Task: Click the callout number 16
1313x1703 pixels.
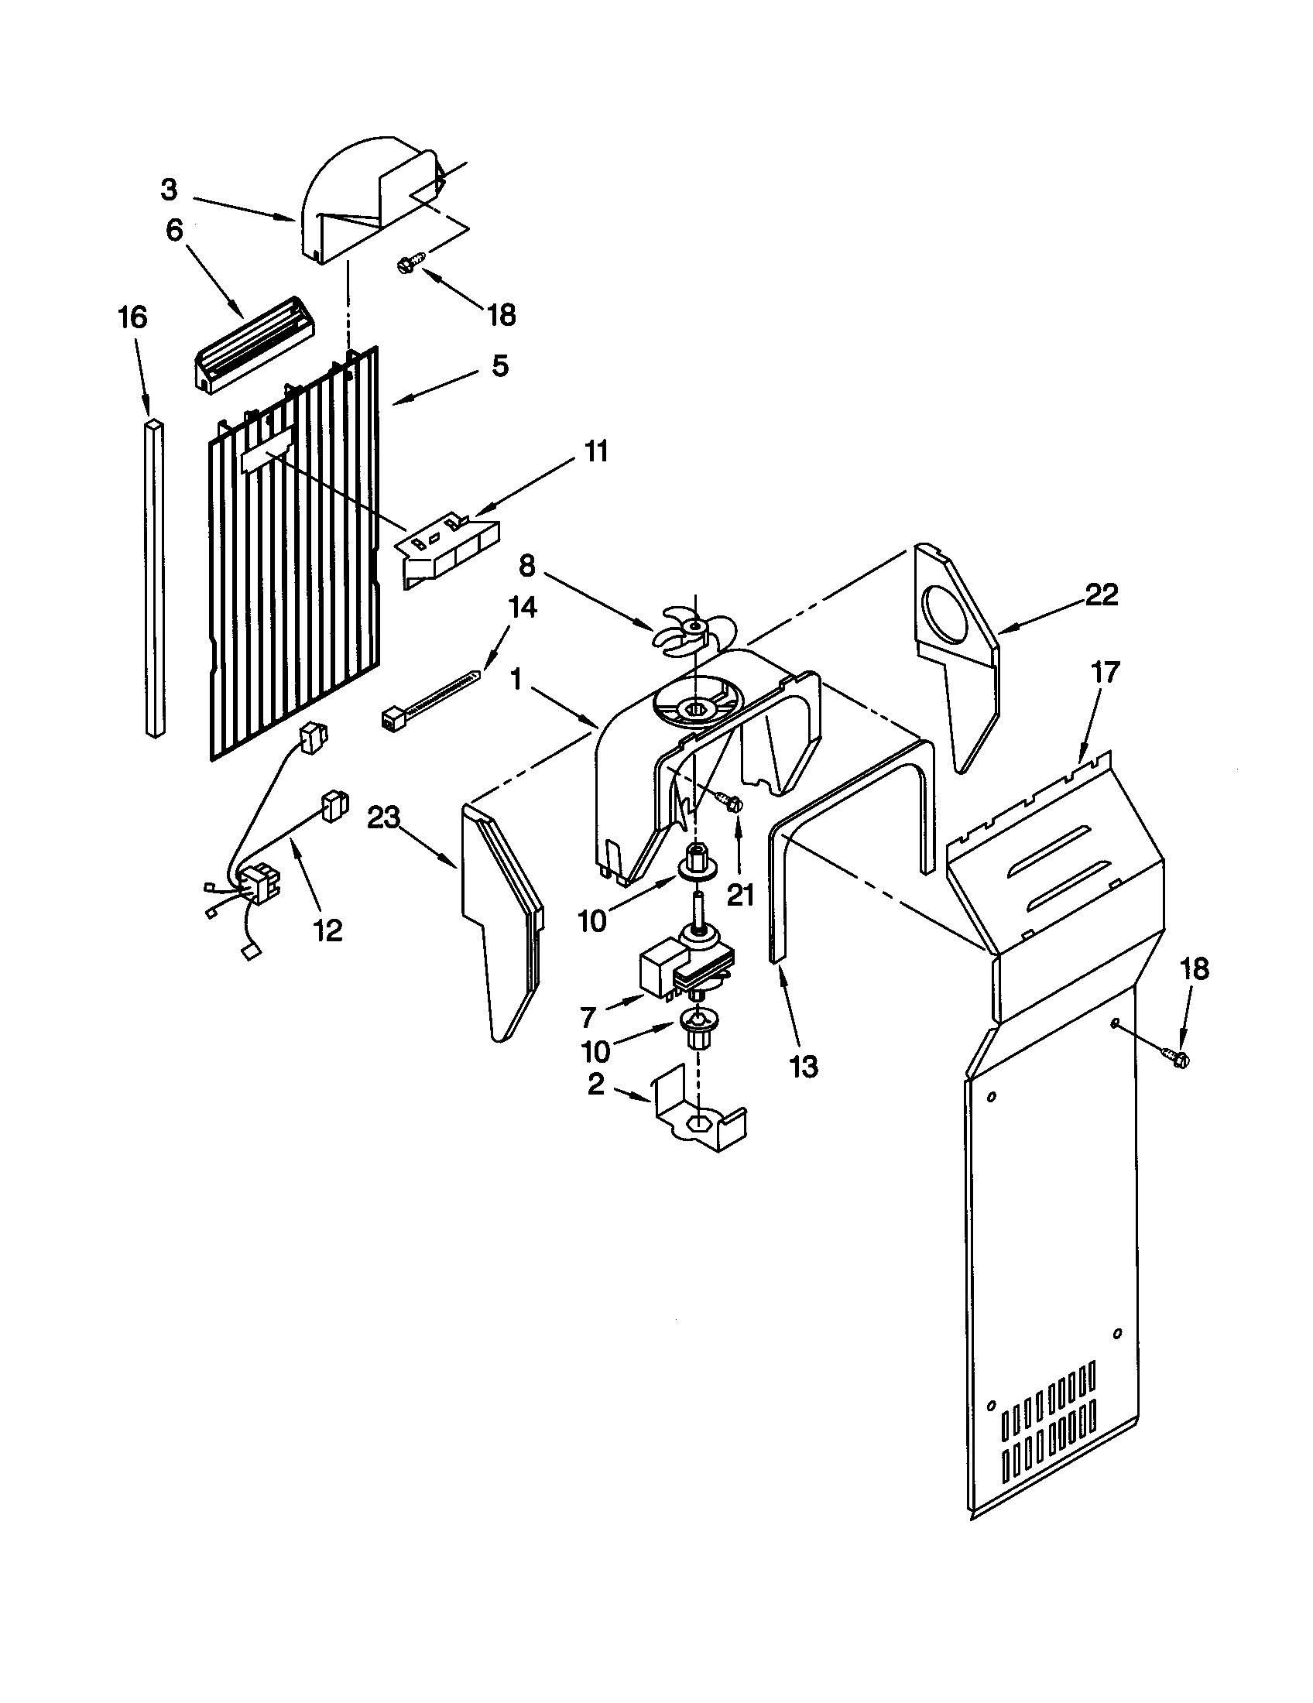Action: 133,319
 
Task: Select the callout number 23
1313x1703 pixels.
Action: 386,818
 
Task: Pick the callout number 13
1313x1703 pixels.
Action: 803,1066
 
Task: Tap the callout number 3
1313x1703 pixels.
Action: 170,190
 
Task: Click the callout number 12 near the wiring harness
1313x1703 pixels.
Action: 328,930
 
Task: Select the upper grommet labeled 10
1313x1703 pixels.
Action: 696,864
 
